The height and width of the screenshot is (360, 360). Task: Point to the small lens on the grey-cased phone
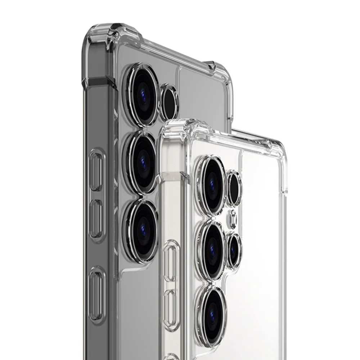click(169, 102)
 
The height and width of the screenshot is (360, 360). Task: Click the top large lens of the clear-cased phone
click(212, 182)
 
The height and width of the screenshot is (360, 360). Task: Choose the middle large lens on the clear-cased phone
click(212, 248)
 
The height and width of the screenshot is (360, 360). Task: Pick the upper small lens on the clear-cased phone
click(234, 187)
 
